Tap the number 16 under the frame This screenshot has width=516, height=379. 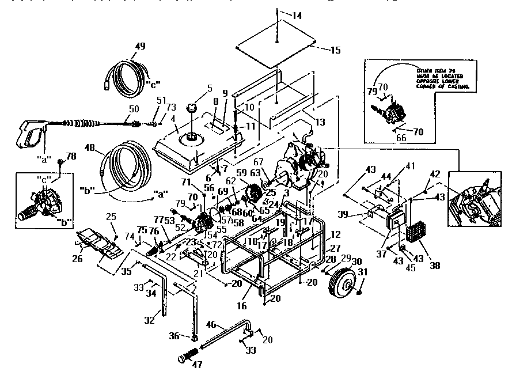[x=242, y=306]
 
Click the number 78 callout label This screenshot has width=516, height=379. [x=71, y=156]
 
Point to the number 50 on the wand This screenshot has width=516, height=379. [x=134, y=109]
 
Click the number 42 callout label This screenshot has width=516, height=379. [x=435, y=175]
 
